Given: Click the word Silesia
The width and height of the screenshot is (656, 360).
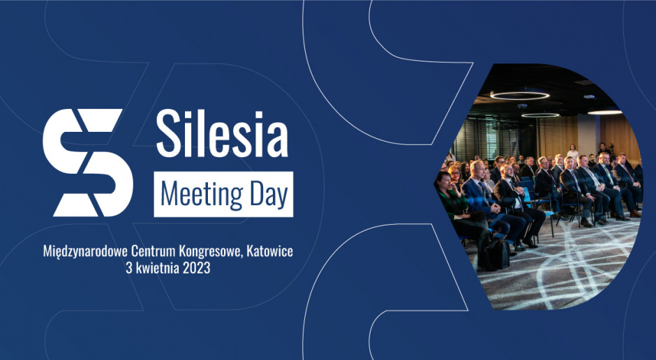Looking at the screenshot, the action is point(222,134).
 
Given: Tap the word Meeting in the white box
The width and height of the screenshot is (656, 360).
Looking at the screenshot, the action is point(202,195).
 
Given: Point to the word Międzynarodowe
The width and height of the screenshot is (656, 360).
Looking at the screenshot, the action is point(85,251).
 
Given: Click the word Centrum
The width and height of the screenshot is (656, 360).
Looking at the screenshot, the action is point(153,251).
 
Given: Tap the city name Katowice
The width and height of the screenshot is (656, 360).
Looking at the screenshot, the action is point(270,251).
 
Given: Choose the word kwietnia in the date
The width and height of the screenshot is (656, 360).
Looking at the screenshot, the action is point(156,268).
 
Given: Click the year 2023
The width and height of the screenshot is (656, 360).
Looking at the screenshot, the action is point(195,269).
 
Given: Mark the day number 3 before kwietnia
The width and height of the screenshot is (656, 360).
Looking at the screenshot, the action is point(129,269).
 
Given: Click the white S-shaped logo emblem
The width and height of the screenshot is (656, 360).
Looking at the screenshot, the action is point(88,163).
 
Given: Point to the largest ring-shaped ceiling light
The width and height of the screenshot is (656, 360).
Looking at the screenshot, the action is point(520,96).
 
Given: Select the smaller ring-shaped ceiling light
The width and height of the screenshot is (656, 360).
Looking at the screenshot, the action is point(540,114).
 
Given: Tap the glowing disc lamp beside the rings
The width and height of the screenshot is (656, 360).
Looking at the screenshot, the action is point(605,112).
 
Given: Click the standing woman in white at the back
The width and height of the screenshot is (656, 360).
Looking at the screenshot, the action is point(572,152).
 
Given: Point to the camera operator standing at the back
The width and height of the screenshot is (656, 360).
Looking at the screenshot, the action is point(603,150).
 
